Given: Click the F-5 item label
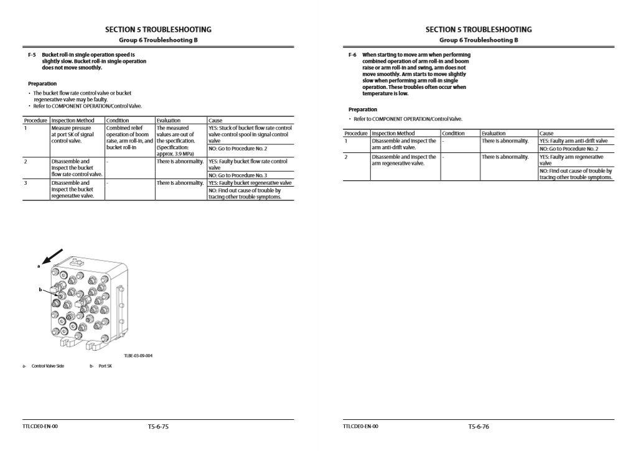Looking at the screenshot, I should pyautogui.click(x=32, y=55).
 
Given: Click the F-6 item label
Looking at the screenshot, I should pyautogui.click(x=352, y=55).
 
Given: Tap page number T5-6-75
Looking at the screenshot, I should pyautogui.click(x=158, y=427).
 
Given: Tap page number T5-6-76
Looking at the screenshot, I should pyautogui.click(x=479, y=427).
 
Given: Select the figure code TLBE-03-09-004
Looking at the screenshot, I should pyautogui.click(x=138, y=356).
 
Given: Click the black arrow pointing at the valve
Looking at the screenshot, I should pyautogui.click(x=54, y=256).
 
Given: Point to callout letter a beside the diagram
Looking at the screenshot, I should pyautogui.click(x=38, y=266).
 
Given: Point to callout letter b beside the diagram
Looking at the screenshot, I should pyautogui.click(x=40, y=290).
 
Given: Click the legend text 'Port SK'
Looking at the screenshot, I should pyautogui.click(x=105, y=366).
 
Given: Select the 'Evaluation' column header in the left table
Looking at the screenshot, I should pyautogui.click(x=169, y=121).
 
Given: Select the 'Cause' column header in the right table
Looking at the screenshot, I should pyautogui.click(x=546, y=133).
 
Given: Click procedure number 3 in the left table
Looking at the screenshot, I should pyautogui.click(x=26, y=184).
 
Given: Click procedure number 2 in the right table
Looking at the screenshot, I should pyautogui.click(x=346, y=157).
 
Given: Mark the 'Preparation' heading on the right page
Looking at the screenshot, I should pyautogui.click(x=363, y=109).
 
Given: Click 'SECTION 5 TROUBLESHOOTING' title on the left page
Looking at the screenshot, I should pyautogui.click(x=158, y=29).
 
